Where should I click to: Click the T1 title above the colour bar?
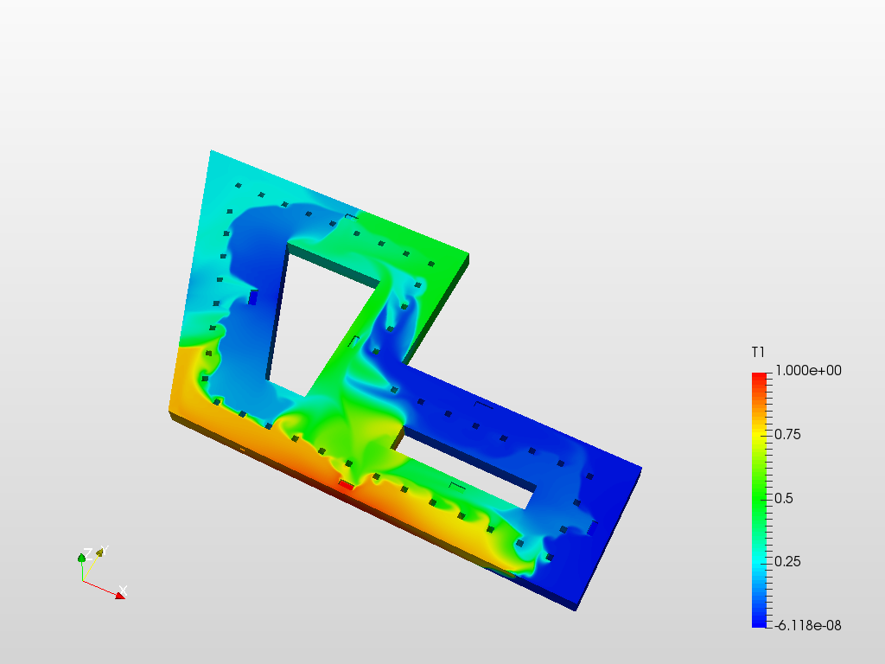758,352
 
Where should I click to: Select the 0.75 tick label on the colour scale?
788,434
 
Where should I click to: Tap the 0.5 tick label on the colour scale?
784,498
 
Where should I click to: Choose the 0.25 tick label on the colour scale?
788,561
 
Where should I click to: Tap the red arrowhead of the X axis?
118,595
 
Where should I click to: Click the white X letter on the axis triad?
124,591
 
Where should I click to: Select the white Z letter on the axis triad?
87,553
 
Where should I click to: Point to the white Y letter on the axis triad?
101,551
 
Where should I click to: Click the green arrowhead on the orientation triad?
82,559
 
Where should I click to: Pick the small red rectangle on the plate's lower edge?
346,485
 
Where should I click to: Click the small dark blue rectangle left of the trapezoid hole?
253,297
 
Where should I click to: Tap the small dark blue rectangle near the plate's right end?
592,527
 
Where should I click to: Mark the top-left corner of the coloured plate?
211,152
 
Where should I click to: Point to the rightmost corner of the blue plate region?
641,468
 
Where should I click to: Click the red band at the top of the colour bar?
759,379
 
